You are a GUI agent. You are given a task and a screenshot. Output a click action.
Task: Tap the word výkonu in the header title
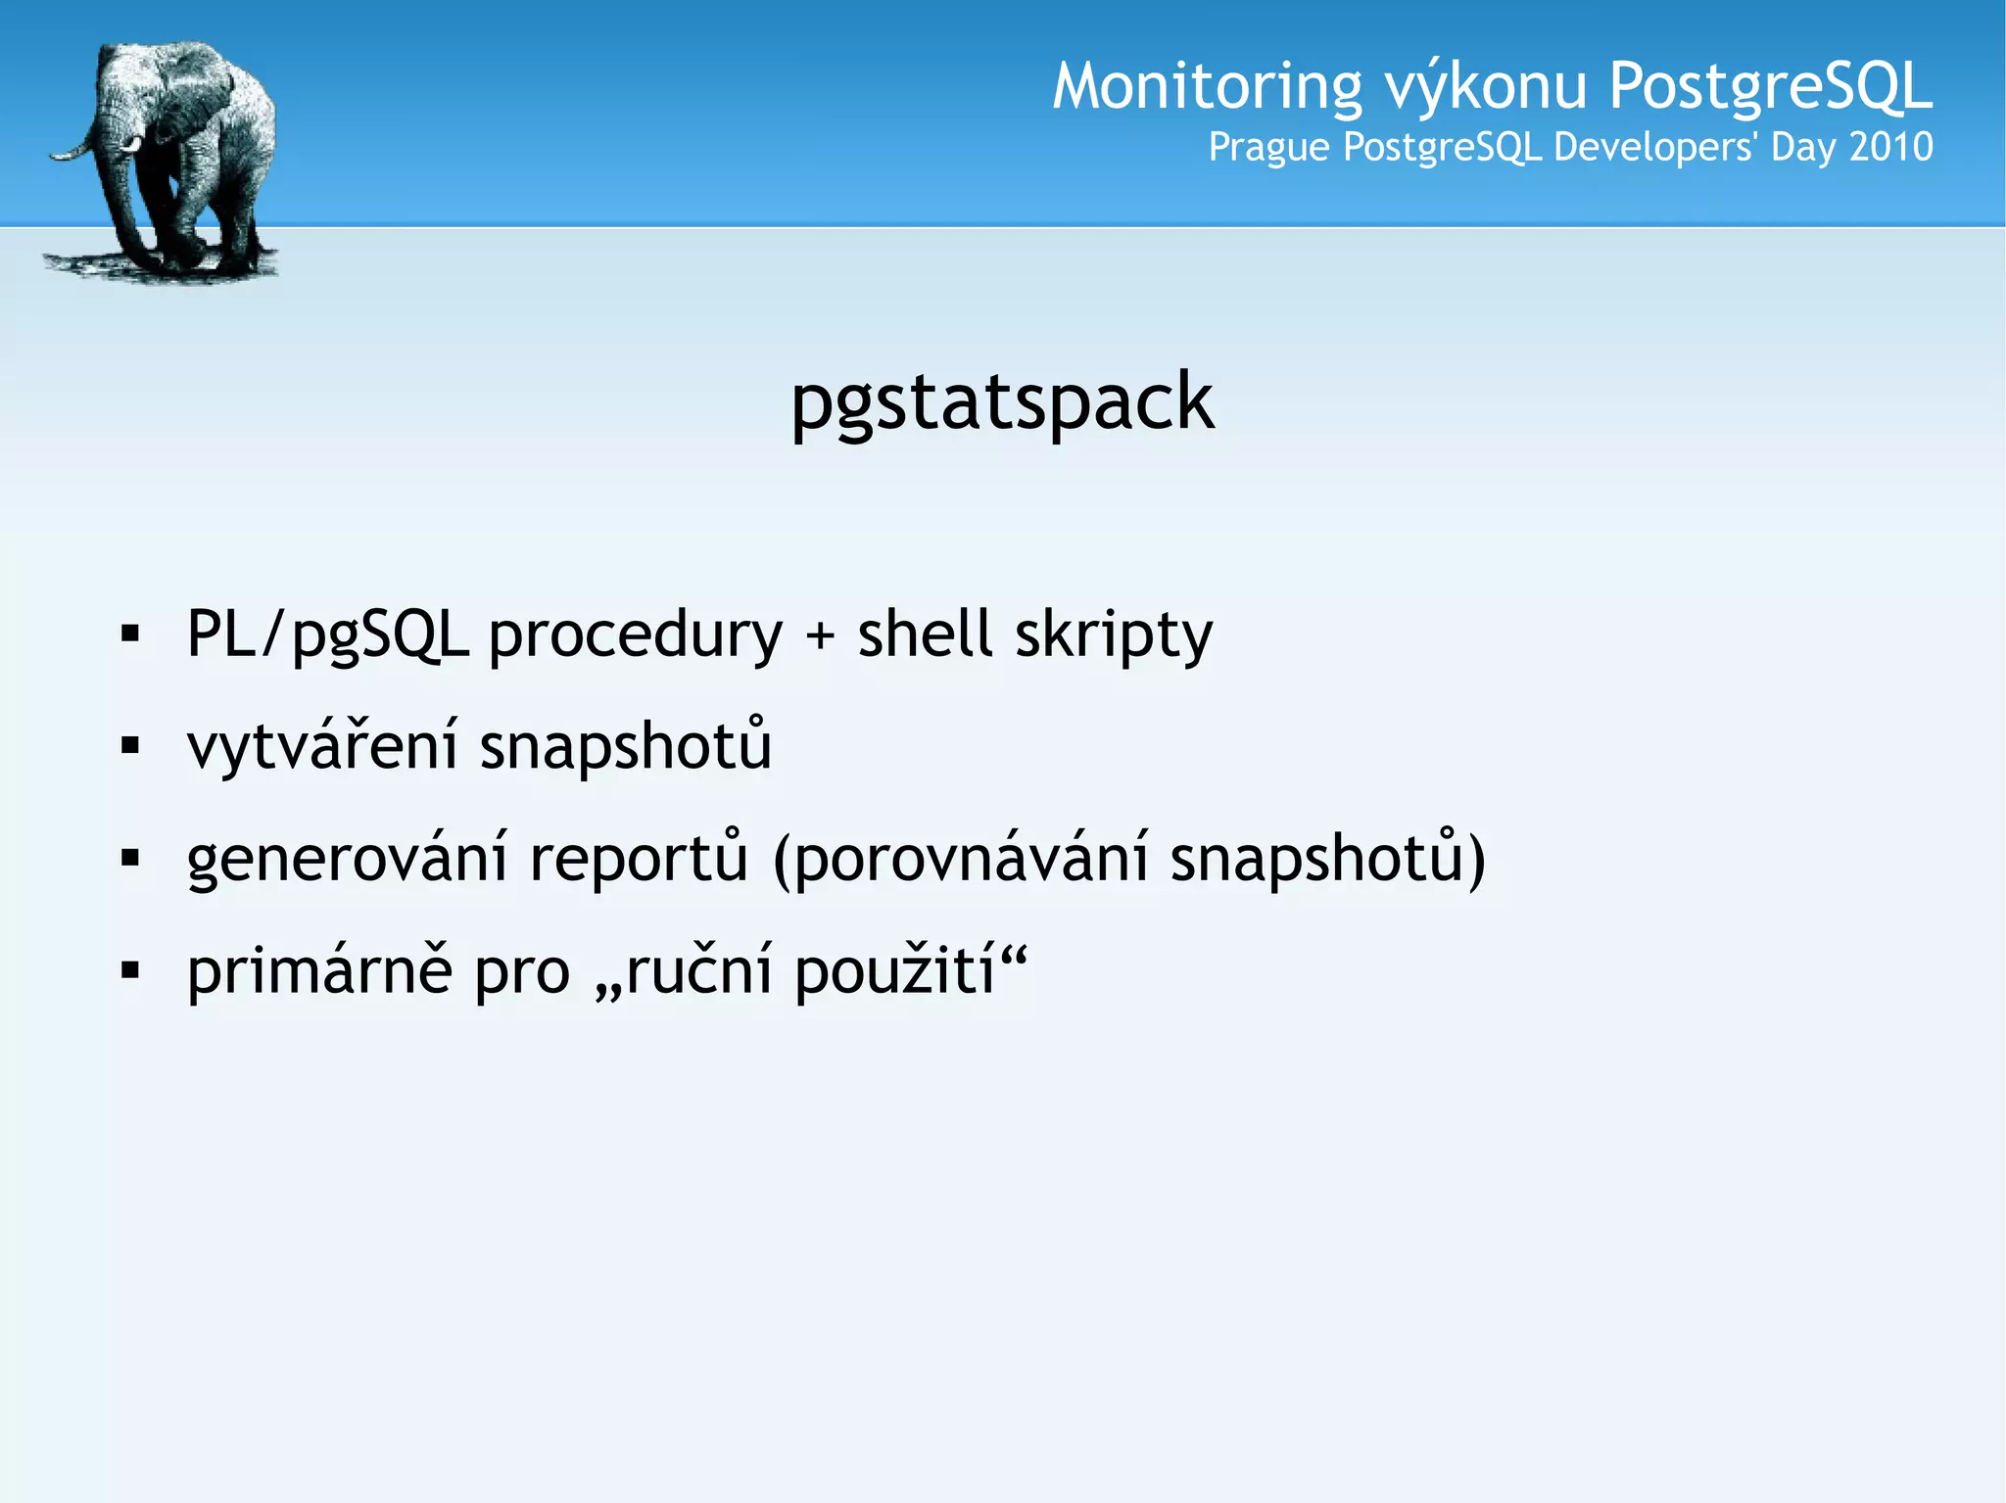tap(1485, 87)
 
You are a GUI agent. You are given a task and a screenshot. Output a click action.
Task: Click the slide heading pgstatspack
tap(1002, 402)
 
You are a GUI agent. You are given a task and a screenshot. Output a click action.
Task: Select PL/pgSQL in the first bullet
tap(327, 634)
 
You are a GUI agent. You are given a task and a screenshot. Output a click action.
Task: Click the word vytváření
tap(322, 746)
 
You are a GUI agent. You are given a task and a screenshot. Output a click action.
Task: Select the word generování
tap(348, 859)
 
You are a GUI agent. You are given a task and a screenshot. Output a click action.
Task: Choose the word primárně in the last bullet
tap(320, 971)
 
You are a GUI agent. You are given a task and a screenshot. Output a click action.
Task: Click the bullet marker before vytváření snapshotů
tap(130, 747)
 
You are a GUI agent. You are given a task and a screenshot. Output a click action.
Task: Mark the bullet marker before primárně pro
tap(130, 971)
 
